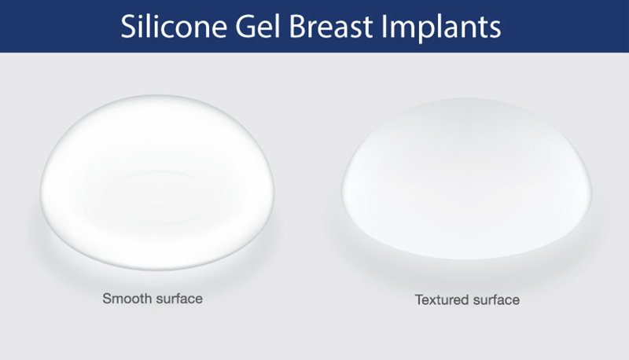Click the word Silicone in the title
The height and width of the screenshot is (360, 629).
pyautogui.click(x=175, y=27)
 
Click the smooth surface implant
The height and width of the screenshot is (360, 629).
pyautogui.click(x=156, y=182)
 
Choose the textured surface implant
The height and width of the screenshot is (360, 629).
pyautogui.click(x=466, y=178)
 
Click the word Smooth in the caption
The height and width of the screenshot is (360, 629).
pyautogui.click(x=127, y=299)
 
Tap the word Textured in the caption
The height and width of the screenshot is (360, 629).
pyautogui.click(x=441, y=299)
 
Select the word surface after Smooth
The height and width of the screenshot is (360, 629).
pyautogui.click(x=179, y=299)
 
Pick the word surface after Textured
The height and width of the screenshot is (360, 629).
pyautogui.click(x=496, y=300)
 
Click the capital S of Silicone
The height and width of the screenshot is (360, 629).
pyautogui.click(x=129, y=27)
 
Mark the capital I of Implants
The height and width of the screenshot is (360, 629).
pyautogui.click(x=384, y=27)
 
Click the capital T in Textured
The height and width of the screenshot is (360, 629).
pyautogui.click(x=420, y=299)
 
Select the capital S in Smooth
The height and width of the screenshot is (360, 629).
pyautogui.click(x=107, y=299)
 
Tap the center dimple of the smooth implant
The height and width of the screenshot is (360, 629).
pyautogui.click(x=153, y=200)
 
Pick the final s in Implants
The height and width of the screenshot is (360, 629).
pyautogui.click(x=495, y=30)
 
